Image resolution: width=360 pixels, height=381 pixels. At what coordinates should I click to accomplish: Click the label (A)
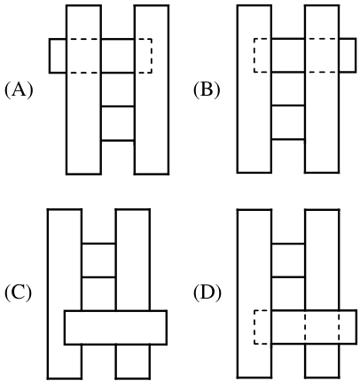coord(19,89)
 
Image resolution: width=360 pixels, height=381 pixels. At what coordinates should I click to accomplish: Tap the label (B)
coord(207,89)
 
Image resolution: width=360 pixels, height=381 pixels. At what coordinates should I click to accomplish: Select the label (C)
coord(18,292)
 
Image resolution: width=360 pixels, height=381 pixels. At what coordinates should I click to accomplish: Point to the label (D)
coord(207,292)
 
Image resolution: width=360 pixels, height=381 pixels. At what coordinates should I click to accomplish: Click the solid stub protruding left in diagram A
coord(58,56)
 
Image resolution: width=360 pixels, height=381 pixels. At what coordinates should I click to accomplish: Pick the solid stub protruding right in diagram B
coord(348,55)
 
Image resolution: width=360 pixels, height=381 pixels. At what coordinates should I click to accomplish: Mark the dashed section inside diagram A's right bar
coord(143,56)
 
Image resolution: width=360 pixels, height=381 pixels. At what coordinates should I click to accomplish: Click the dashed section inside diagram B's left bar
coord(262,55)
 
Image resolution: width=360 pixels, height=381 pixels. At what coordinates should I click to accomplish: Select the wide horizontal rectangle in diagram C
coord(115,327)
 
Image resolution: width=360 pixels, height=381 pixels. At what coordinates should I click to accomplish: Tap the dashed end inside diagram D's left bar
coord(262,327)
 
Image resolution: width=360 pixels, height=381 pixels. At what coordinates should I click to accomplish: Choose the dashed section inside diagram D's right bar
coord(322,327)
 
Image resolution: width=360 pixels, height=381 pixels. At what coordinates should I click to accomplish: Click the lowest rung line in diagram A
coord(118,141)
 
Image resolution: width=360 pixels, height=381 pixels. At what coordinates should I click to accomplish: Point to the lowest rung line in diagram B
coord(288,139)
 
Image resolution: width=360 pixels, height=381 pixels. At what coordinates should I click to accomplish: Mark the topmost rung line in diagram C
coord(98,244)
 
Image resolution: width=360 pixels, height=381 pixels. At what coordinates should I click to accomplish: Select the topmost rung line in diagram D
coord(288,244)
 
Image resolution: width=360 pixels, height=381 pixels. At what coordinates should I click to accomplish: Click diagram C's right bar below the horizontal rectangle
coord(133,362)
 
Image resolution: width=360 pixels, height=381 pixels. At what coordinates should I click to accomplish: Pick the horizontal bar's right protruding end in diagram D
coord(348,327)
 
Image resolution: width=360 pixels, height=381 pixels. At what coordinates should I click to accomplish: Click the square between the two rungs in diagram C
coord(98,260)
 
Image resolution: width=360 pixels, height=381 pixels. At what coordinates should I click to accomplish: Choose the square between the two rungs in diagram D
coord(288,260)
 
